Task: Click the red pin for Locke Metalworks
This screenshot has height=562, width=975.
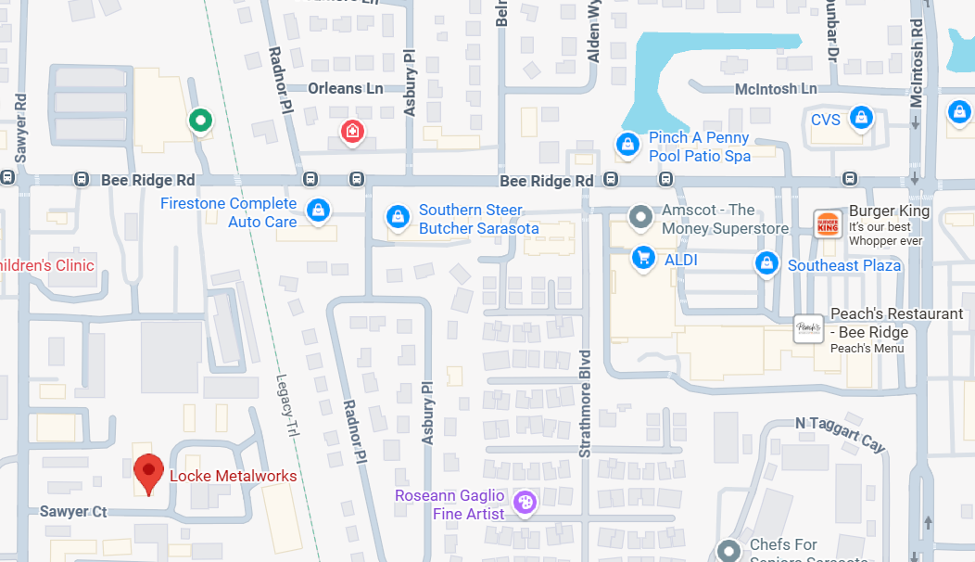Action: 148,472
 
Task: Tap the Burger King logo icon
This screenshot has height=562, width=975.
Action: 827,224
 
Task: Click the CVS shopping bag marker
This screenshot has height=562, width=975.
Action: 862,118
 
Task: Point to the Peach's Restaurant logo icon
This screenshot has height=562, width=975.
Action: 809,329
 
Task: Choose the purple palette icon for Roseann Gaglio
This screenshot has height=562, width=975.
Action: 525,503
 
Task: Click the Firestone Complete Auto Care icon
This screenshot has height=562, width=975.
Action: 319,210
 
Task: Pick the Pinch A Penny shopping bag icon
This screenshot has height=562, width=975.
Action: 627,145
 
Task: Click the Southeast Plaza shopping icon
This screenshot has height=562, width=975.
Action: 766,263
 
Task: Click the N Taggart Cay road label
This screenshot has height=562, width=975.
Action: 841,432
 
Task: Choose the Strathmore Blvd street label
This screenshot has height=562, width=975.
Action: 585,403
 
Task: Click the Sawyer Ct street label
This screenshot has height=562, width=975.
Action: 73,511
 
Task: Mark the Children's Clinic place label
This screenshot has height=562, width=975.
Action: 47,265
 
